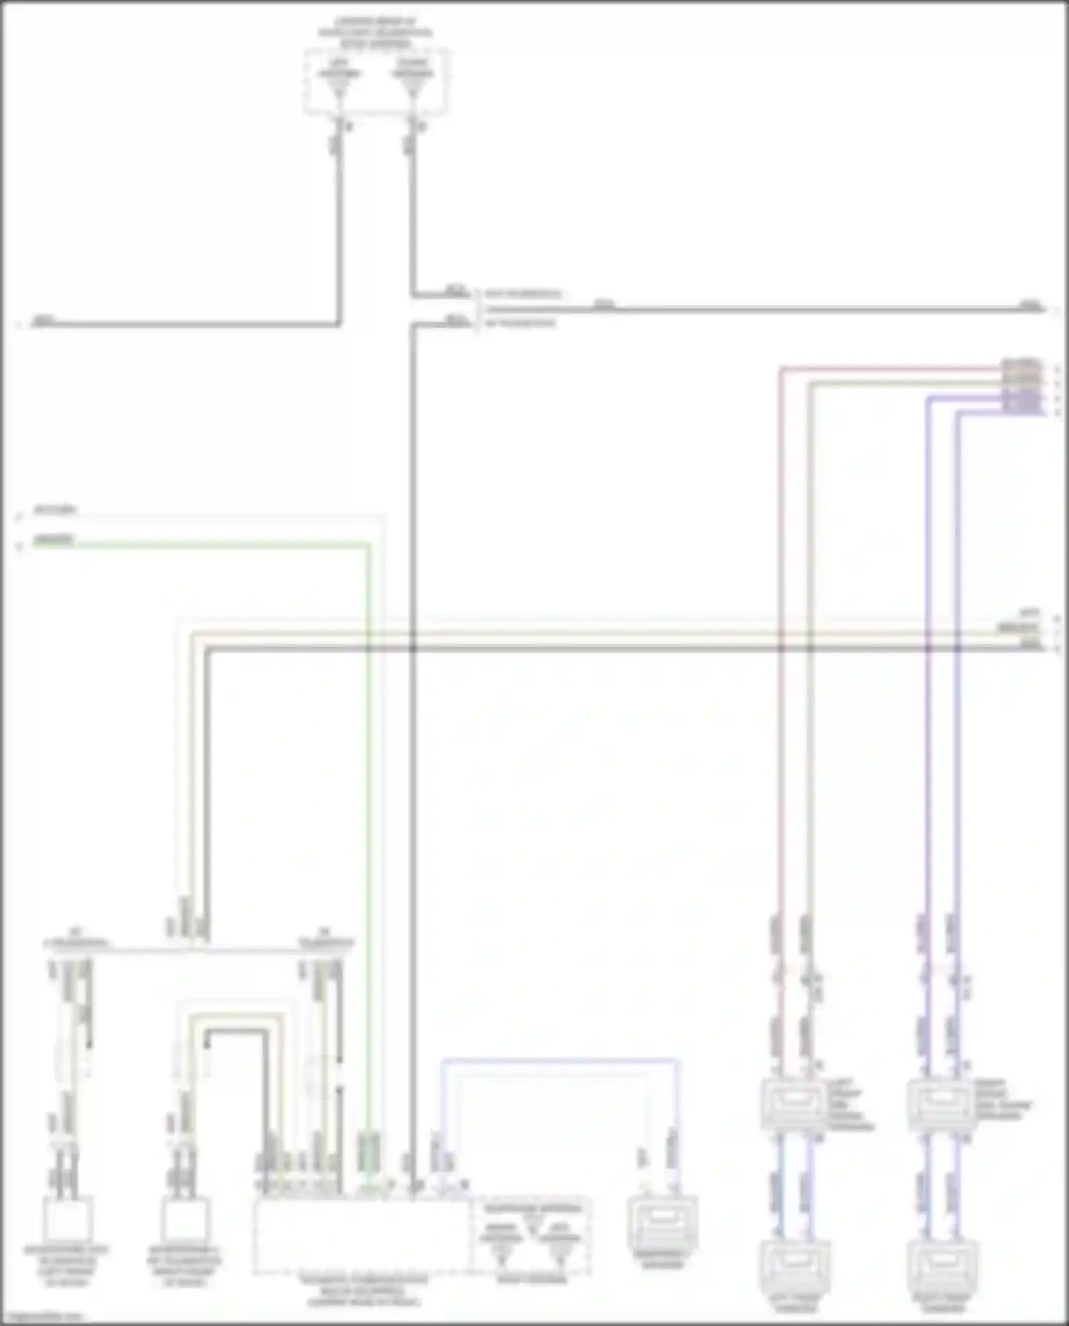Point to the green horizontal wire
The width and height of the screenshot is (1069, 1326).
pyautogui.click(x=214, y=546)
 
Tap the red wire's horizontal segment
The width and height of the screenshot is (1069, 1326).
pyautogui.click(x=891, y=369)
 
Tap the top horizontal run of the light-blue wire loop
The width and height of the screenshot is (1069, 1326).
pyautogui.click(x=559, y=1061)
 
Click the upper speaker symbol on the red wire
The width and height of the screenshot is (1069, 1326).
pyautogui.click(x=793, y=1105)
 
